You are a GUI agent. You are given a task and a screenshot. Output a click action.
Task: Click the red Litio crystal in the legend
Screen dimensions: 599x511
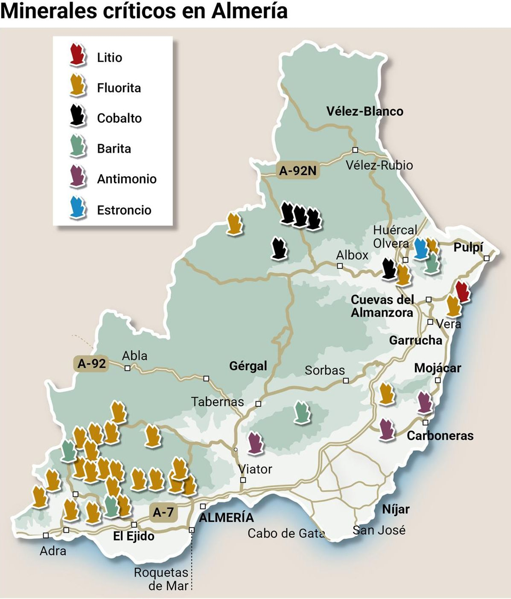click(x=78, y=55)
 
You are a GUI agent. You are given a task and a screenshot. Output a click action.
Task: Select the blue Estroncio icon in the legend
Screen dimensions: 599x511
click(x=78, y=208)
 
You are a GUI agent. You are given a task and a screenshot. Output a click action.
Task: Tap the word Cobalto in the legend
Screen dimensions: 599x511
click(x=119, y=118)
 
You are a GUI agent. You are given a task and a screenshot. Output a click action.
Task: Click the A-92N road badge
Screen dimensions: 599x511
click(x=298, y=171)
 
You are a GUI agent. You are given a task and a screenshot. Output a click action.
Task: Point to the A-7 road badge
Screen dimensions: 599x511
click(x=163, y=512)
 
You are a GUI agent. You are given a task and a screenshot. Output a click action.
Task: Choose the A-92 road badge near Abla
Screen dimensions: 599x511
click(x=92, y=364)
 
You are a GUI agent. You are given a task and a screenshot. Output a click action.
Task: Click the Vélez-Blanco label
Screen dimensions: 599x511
click(x=365, y=111)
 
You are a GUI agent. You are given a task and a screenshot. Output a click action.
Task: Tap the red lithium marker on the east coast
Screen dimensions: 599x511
click(x=462, y=291)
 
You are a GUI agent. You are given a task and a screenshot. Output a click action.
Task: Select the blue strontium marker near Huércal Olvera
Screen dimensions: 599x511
click(x=421, y=248)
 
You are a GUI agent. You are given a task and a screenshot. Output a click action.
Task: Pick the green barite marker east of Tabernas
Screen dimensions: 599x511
click(x=302, y=412)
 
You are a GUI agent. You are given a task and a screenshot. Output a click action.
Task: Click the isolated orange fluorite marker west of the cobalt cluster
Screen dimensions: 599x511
click(x=235, y=224)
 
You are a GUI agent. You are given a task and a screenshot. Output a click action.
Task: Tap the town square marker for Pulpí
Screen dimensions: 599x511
click(x=486, y=258)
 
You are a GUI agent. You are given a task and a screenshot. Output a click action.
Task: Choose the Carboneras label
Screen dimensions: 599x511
click(x=440, y=435)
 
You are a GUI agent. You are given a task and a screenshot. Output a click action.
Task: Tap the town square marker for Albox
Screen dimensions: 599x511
click(x=340, y=266)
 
